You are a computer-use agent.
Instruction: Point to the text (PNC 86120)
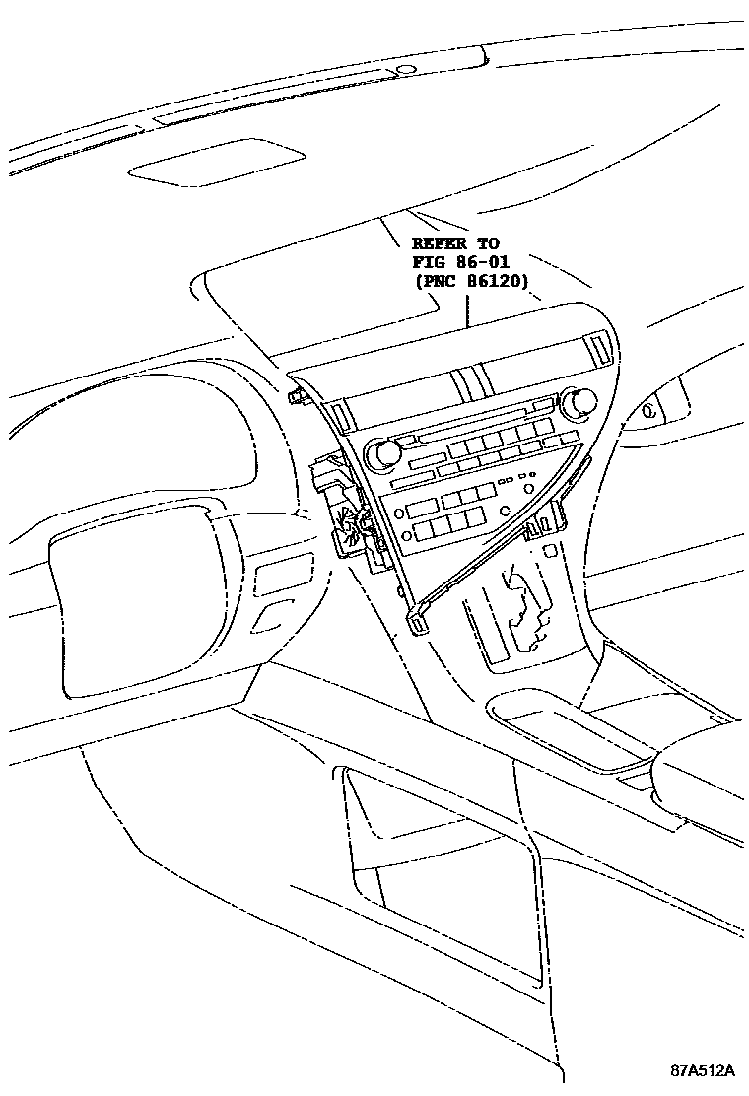pos(471,281)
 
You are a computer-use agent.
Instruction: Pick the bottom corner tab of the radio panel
pos(417,622)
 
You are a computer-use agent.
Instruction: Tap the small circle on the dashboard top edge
pos(404,70)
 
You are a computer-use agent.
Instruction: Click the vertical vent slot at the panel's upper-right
pos(599,348)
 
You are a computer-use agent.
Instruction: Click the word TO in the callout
pos(487,243)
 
